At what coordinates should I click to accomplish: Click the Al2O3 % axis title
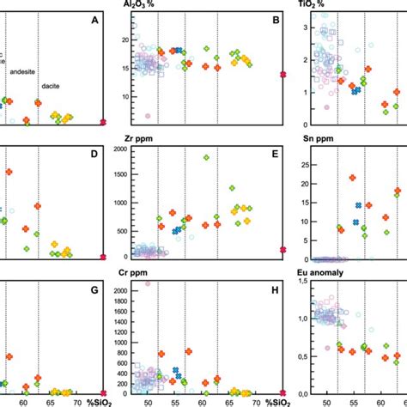click(x=139, y=4)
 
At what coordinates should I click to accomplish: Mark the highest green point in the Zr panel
click(x=206, y=157)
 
